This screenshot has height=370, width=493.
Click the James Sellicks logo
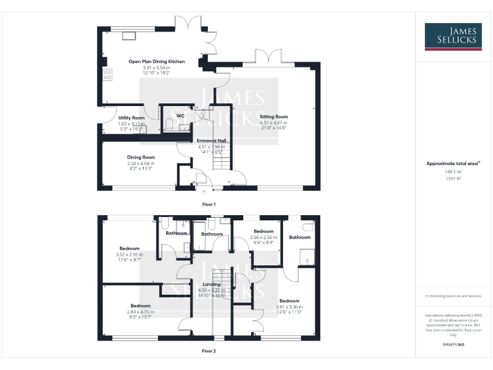coord(453,37)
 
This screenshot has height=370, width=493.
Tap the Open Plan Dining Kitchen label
coord(156,62)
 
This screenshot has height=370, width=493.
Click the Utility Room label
coord(132,118)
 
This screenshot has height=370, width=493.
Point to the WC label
coord(180,116)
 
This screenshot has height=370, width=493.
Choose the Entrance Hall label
coord(211,141)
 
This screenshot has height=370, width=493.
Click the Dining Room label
coord(141,157)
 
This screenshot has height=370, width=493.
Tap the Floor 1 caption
coord(209,204)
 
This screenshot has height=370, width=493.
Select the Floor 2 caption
coord(209,351)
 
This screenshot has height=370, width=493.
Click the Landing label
coord(211,284)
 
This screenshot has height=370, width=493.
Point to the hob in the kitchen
coord(107,75)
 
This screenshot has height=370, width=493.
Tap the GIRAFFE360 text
coord(453,346)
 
